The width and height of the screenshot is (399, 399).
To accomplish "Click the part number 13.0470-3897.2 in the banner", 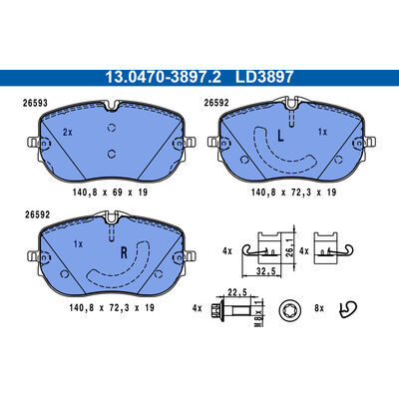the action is pyautogui.click(x=163, y=78).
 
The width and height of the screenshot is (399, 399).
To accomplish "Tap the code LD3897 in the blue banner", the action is pyautogui.click(x=264, y=78).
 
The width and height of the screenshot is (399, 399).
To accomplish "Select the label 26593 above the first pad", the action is pyautogui.click(x=35, y=103).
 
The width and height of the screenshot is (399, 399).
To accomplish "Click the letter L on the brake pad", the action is pyautogui.click(x=280, y=136).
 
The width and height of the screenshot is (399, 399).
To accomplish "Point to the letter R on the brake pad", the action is pyautogui.click(x=124, y=253).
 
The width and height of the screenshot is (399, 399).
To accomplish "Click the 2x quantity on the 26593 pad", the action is pyautogui.click(x=68, y=132).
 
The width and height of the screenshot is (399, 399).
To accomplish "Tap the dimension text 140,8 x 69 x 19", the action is pyautogui.click(x=110, y=193).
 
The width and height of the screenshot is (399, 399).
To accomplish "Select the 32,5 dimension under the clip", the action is pyautogui.click(x=266, y=271).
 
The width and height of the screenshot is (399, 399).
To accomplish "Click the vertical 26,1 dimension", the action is pyautogui.click(x=289, y=245).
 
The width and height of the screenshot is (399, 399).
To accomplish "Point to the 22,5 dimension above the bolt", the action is pyautogui.click(x=237, y=292).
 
